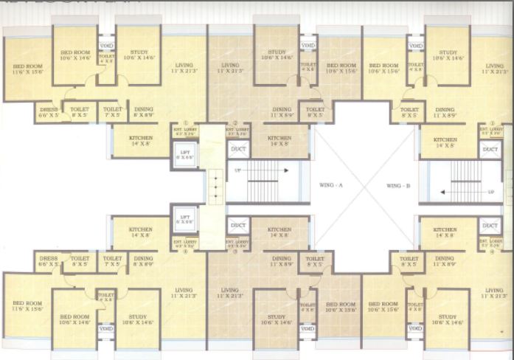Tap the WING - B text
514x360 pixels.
(397, 186)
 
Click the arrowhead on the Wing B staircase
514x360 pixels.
(442, 192)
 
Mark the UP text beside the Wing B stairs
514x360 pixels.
(491, 192)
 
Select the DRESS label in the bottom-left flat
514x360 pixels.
(48, 260)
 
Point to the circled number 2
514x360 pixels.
(235, 123)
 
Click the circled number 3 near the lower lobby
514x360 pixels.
(235, 251)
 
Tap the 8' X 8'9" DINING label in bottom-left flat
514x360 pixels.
(143, 260)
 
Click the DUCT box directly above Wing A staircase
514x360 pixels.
(238, 149)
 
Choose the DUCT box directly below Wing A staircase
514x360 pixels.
(238, 226)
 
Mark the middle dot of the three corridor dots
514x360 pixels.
(215, 186)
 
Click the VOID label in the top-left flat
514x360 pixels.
(106, 46)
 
